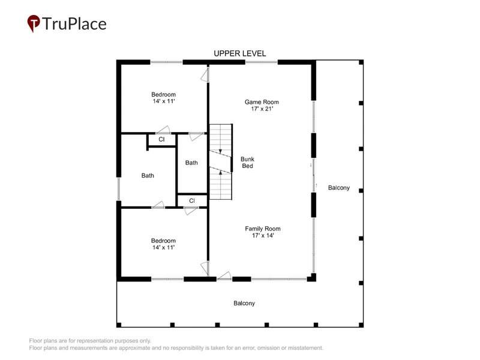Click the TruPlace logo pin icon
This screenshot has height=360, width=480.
coord(34,23)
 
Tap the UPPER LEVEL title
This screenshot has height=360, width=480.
coord(239,53)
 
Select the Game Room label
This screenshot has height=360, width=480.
coord(262,102)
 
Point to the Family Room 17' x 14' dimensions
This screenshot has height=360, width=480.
coord(263,235)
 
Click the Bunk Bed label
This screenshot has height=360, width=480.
coord(247,163)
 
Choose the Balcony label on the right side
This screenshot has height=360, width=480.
coord(339,188)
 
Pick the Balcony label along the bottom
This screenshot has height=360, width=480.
coord(244,303)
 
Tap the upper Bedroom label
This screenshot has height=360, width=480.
coord(163,94)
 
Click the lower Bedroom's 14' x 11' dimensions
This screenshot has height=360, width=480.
coord(163,247)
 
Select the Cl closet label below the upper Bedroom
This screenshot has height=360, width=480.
coord(161,139)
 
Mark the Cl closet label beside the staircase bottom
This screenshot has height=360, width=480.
coord(192,201)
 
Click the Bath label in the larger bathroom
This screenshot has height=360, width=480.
coord(148,175)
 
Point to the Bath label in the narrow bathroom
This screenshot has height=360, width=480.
coord(191,163)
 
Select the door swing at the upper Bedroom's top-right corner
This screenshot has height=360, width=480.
coord(205,74)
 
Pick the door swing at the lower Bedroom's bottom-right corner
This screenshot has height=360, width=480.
coord(205,268)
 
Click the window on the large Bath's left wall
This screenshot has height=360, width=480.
coord(119,189)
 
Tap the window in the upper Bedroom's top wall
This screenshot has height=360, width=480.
coord(166,62)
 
